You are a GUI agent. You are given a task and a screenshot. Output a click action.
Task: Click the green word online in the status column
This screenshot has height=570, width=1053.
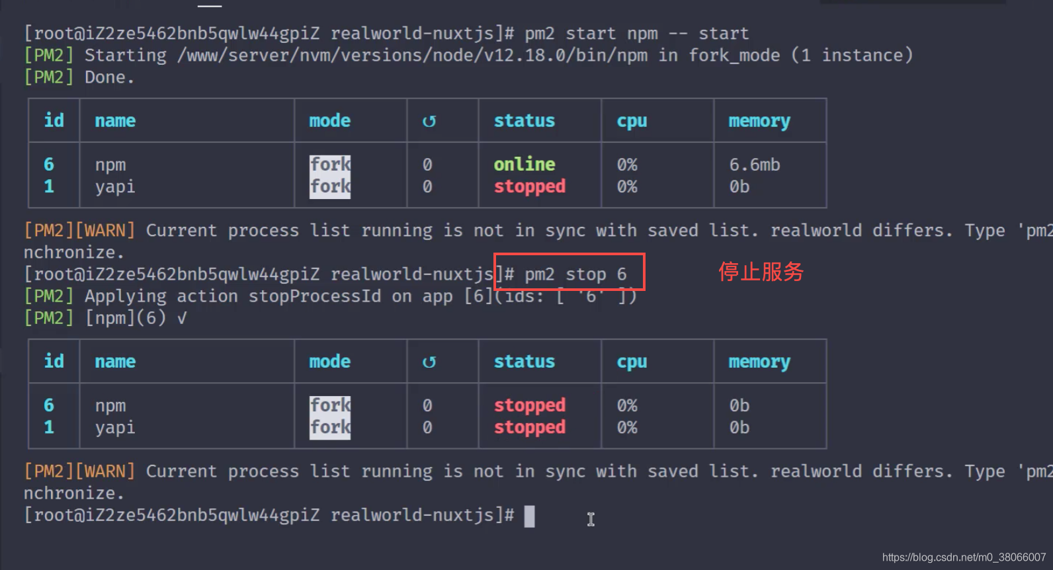click(525, 164)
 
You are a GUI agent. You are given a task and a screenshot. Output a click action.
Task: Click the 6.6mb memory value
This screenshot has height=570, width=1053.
click(755, 165)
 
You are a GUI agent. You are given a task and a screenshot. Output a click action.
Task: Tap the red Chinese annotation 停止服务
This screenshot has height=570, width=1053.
click(761, 272)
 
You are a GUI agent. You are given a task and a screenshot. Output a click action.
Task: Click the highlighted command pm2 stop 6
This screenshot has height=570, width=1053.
click(575, 274)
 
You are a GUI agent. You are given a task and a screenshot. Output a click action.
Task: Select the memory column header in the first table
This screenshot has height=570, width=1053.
click(759, 121)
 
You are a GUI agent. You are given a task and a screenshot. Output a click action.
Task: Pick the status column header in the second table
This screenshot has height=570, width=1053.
click(525, 362)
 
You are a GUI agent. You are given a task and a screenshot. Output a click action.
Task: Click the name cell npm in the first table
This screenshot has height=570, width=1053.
click(110, 165)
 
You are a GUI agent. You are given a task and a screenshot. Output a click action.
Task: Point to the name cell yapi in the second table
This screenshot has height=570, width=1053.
click(115, 427)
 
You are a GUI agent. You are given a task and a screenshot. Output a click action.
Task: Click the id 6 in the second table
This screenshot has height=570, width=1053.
click(49, 405)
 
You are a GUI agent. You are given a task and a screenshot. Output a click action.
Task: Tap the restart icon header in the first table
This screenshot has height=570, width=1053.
click(429, 121)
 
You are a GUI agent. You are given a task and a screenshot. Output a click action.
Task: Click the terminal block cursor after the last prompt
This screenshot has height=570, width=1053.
click(529, 516)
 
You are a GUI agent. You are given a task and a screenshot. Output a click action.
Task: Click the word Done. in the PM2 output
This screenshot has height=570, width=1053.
click(110, 77)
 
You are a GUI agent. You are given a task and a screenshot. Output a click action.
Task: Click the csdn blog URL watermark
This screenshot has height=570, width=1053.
click(964, 557)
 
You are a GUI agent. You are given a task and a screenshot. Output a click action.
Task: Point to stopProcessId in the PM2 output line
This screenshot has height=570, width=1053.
click(315, 296)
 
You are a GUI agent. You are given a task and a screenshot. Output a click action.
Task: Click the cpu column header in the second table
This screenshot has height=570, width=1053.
click(632, 362)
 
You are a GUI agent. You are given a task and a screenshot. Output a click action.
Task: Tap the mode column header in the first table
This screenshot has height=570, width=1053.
click(330, 121)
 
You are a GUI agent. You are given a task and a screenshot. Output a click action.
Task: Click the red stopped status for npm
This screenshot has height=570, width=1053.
click(530, 405)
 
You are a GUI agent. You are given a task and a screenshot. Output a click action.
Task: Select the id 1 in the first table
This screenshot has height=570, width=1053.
click(49, 186)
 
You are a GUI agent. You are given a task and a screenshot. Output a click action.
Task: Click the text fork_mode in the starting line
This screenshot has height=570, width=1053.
click(734, 56)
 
